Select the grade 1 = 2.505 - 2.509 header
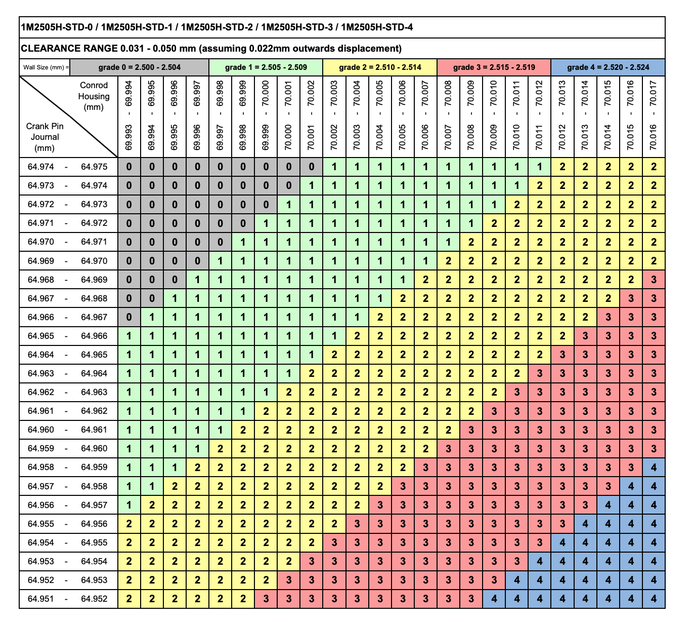(266, 67)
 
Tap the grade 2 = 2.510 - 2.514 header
(379, 67)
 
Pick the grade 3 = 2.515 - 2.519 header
(494, 67)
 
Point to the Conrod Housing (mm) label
(94, 96)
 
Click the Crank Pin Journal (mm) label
(45, 137)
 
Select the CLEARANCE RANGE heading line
(211, 49)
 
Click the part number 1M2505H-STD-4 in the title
(377, 27)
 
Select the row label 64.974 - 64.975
(68, 167)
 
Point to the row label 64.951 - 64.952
(68, 599)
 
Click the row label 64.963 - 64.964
(68, 373)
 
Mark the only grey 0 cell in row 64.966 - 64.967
(129, 317)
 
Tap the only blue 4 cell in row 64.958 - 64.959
(654, 467)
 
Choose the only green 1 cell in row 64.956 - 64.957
(129, 505)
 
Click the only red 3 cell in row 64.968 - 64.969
(654, 280)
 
